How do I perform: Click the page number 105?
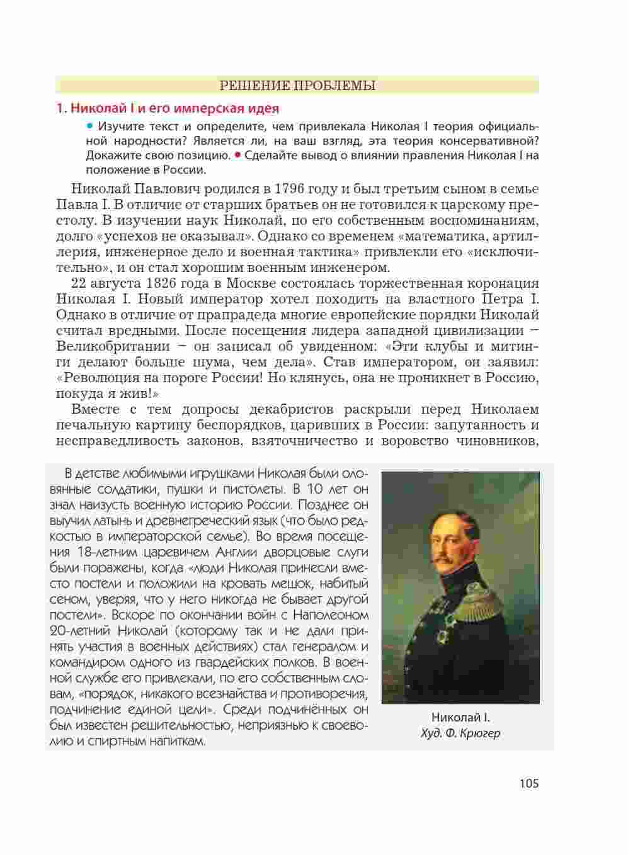529,783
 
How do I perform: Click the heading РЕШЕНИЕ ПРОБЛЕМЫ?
297,85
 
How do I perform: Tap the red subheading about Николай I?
168,108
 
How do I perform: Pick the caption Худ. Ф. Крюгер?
460,733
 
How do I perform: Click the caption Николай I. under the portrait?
460,717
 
